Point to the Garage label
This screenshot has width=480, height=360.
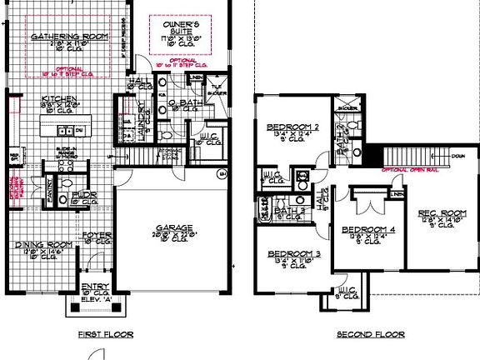coord(174,227)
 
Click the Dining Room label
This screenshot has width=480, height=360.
coord(40,244)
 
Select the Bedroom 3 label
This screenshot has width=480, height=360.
coord(294,253)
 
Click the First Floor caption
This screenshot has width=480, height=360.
coord(106,334)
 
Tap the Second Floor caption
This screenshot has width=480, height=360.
coord(371,334)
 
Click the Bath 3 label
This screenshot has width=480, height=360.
coord(285,211)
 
